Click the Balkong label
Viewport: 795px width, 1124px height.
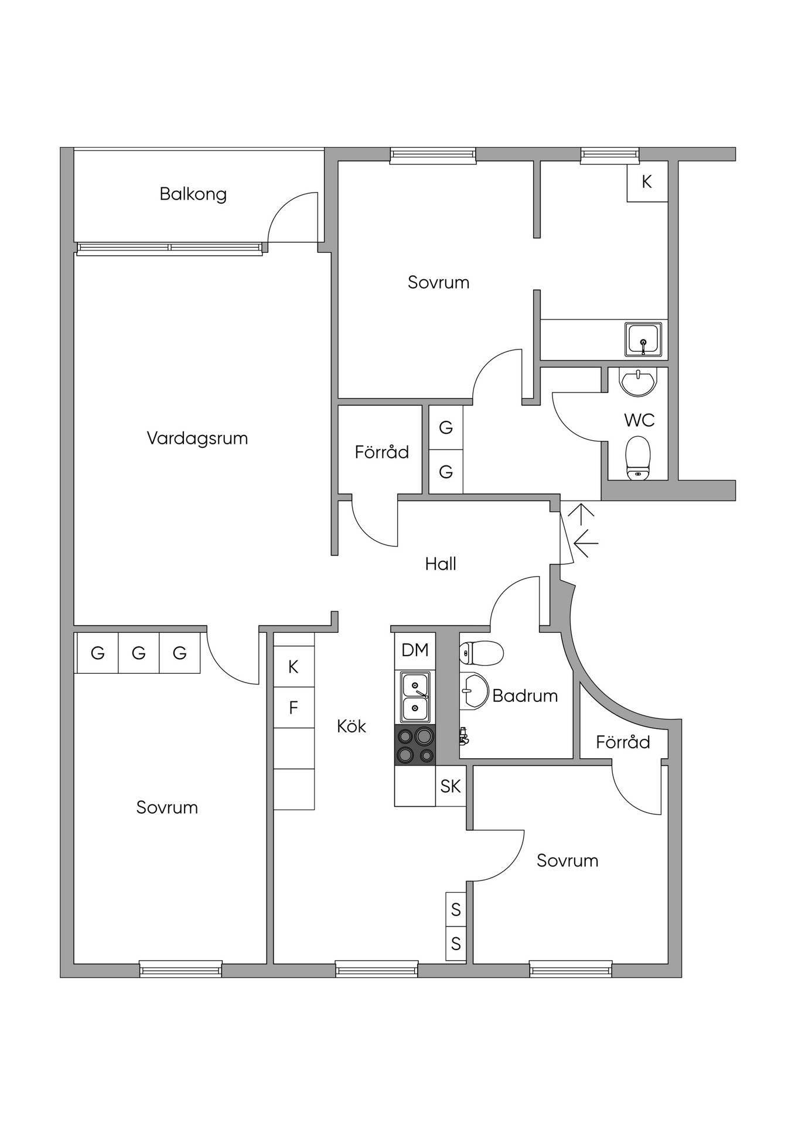click(x=193, y=194)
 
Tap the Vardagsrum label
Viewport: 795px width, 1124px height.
click(x=197, y=438)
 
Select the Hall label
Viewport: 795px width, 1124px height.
click(x=441, y=564)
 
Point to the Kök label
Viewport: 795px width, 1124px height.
click(x=352, y=726)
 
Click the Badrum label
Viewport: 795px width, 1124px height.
click(x=525, y=695)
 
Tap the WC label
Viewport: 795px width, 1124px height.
click(x=639, y=420)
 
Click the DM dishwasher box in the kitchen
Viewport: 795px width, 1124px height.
click(x=415, y=650)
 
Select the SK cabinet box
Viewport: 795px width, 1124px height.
click(x=451, y=786)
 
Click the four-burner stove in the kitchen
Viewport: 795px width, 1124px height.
click(x=415, y=745)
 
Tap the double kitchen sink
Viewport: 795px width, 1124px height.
click(x=415, y=697)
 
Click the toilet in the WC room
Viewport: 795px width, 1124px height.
click(x=638, y=458)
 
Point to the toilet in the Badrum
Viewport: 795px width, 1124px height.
click(x=482, y=653)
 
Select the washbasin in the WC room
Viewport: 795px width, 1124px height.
click(x=638, y=382)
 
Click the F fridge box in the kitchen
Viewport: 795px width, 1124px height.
click(x=294, y=708)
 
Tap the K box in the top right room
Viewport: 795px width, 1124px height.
click(x=647, y=181)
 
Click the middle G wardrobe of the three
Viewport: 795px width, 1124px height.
click(x=139, y=653)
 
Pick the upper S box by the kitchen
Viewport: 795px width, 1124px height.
click(x=456, y=909)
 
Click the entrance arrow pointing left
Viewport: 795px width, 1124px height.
click(x=586, y=543)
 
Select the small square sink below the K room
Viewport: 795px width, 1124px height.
click(x=644, y=340)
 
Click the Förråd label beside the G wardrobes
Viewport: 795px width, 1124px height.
click(x=382, y=452)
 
